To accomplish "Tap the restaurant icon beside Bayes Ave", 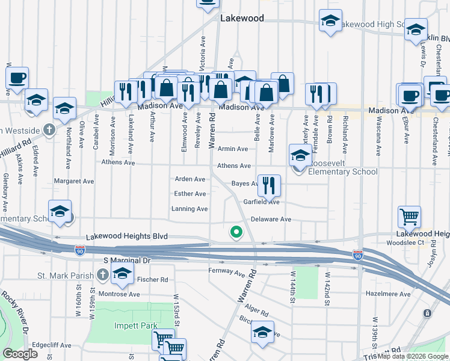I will (x=269, y=185).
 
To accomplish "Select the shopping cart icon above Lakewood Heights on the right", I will (x=409, y=216).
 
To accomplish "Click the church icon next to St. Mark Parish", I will (x=103, y=275).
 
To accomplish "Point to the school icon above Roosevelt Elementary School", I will (x=300, y=155).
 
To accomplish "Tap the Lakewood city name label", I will (x=242, y=19).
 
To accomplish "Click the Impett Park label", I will (x=135, y=326).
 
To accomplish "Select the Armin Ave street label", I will (x=232, y=149).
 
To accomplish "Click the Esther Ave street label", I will (x=190, y=194).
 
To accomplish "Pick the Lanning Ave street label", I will (x=190, y=209).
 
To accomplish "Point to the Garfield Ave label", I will (x=261, y=202).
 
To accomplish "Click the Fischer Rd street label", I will (x=156, y=280).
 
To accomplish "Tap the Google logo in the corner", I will (x=20, y=354).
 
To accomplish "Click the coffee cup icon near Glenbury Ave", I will (x=17, y=77).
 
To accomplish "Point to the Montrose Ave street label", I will (x=119, y=294).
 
